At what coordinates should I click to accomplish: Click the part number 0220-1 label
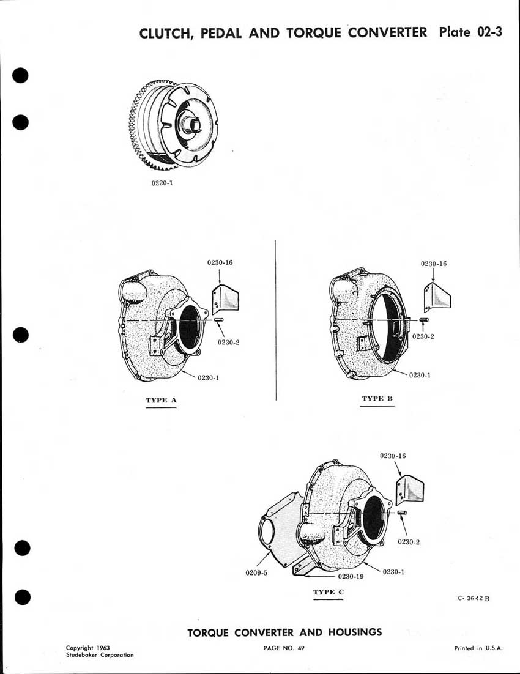click(162, 182)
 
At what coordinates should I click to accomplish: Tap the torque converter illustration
click(173, 125)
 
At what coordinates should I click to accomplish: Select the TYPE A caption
click(161, 401)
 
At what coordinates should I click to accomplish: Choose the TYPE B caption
click(377, 399)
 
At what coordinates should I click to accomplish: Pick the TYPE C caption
click(329, 592)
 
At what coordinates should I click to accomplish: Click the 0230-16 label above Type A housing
click(220, 262)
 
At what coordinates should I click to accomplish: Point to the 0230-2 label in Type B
click(423, 336)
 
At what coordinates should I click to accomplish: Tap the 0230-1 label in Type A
click(209, 377)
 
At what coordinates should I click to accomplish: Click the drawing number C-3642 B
click(473, 599)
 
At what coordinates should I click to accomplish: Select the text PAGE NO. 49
click(284, 648)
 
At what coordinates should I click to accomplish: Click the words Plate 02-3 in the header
click(470, 32)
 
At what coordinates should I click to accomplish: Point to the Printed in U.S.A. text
click(478, 648)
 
